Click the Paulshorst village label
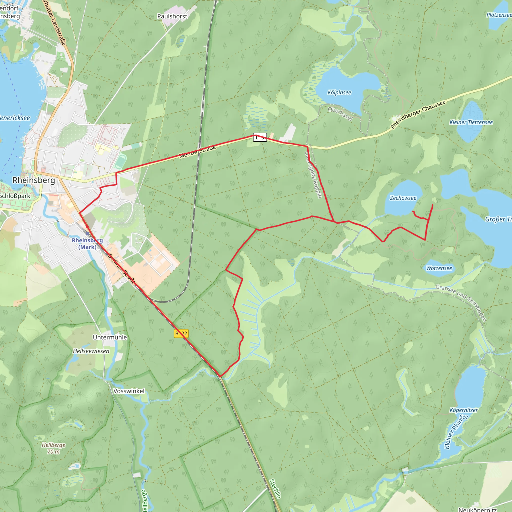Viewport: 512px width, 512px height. coord(172,16)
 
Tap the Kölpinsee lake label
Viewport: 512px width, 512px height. coord(339,92)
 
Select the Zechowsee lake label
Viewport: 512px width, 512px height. coord(403,198)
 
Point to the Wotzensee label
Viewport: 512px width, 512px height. coord(439,268)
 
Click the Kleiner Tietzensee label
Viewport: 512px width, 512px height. coord(471,122)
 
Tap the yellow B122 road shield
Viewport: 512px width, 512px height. coord(181,333)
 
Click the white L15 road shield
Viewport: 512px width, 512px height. coord(260,137)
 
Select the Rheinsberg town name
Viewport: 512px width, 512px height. coord(34,180)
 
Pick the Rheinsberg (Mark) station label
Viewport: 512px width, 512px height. coord(87,243)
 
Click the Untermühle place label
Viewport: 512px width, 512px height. coord(110,337)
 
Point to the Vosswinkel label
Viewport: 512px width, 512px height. coord(129,391)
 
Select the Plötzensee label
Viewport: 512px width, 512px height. coord(499,15)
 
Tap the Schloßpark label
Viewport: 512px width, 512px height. coord(15,196)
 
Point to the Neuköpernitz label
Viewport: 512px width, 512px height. coord(477,509)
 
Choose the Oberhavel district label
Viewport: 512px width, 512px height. coord(340,114)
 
